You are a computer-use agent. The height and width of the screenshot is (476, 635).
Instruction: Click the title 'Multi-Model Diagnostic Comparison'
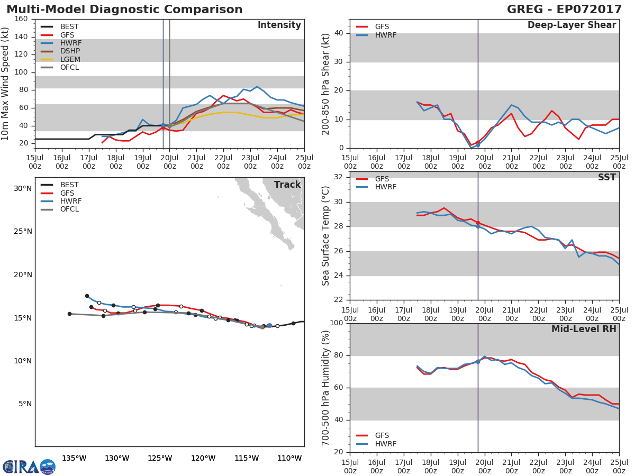124,10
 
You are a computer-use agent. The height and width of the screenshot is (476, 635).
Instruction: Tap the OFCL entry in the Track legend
69,209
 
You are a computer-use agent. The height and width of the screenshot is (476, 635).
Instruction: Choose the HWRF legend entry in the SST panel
385,187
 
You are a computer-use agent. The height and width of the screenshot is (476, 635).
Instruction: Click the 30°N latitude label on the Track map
22,188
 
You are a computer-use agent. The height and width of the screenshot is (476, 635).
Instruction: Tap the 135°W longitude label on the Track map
74,458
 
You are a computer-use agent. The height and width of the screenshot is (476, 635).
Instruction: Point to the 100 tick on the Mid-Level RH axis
337,323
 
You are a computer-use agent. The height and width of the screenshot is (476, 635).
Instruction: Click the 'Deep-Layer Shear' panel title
571,25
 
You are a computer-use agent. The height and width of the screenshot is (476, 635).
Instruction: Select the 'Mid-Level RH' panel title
584,329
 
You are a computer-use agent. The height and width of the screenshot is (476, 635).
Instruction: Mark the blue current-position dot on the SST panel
478,226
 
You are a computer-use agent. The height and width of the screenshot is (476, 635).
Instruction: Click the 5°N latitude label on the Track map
25,404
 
